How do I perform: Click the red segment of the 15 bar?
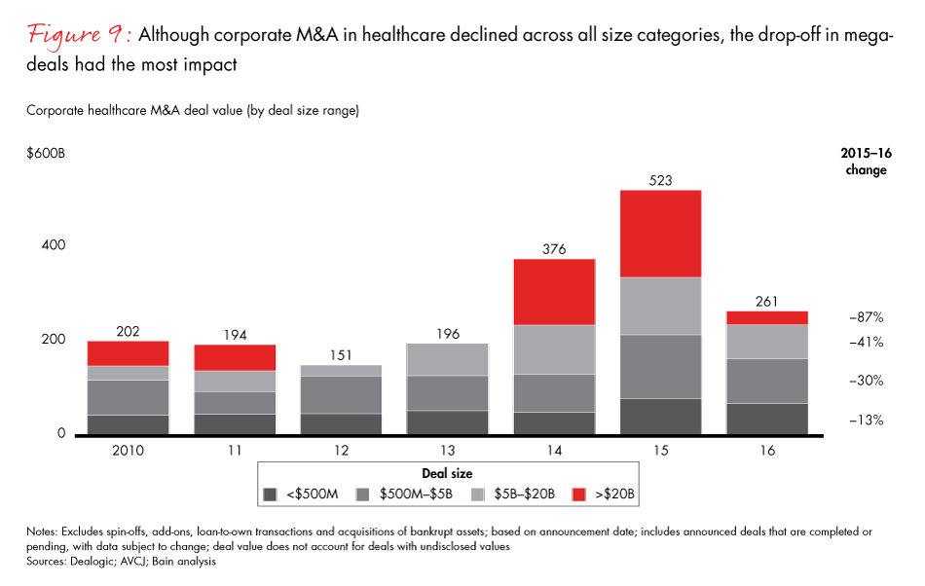click(661, 234)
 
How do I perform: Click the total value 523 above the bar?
click(661, 180)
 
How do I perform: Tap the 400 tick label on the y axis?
click(54, 245)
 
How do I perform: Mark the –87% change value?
click(866, 317)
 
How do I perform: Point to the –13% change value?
click(866, 420)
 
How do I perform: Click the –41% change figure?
click(866, 342)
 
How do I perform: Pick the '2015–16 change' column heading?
click(866, 162)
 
